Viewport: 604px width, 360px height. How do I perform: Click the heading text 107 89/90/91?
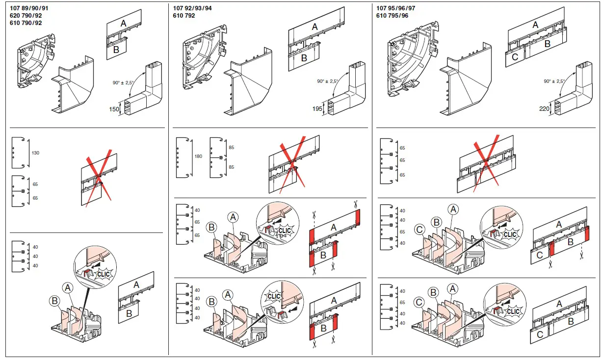[29, 8]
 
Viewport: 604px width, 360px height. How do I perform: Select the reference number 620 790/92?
[26, 16]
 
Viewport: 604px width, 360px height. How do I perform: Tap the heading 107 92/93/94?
[192, 8]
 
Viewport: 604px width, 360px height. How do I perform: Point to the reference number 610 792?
[184, 16]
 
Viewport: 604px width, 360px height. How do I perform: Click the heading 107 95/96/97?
[395, 8]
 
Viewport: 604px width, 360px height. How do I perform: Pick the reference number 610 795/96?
[393, 16]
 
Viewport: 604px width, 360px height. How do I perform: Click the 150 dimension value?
[114, 109]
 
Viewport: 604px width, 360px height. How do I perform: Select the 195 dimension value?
[317, 109]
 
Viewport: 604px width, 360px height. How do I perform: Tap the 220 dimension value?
[545, 108]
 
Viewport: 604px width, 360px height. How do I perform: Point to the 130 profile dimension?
[35, 153]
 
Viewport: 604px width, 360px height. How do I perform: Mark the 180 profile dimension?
[198, 156]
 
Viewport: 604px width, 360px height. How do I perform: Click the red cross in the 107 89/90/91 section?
[99, 178]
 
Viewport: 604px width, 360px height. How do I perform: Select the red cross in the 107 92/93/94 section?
[292, 164]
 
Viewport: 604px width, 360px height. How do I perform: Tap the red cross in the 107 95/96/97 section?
[486, 163]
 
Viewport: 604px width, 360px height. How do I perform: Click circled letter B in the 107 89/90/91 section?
[54, 301]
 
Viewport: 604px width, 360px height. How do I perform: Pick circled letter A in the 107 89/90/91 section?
[68, 288]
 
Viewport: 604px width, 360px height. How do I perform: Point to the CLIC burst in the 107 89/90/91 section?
[103, 274]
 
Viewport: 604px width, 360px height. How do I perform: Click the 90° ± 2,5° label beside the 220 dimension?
[554, 81]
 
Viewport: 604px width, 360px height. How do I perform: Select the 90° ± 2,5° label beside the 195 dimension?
[328, 81]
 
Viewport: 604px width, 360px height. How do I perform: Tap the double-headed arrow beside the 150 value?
[121, 107]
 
